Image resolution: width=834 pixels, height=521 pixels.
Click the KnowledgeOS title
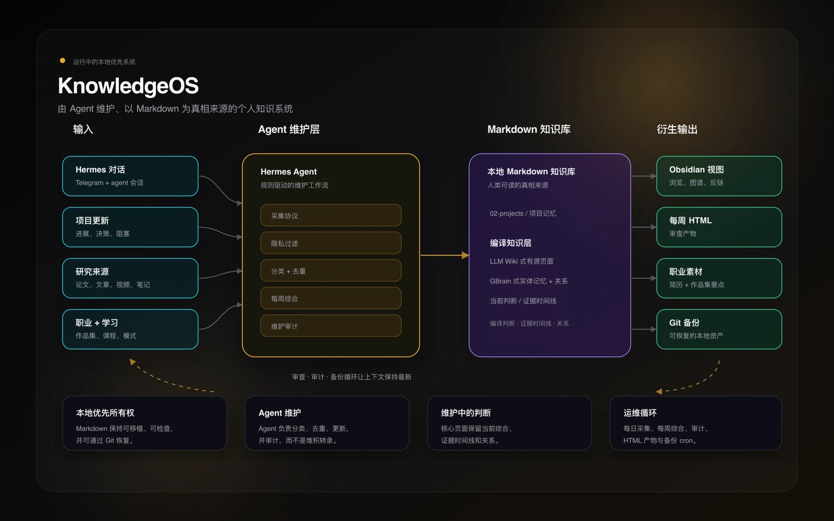pos(128,86)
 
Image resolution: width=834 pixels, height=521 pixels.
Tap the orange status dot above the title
pos(63,60)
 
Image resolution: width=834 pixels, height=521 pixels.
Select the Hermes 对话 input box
pos(130,176)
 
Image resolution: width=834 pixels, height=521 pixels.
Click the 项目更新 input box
pos(130,227)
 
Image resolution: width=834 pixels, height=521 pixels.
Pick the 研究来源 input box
pos(130,278)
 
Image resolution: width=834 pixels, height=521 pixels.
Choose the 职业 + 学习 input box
pos(130,329)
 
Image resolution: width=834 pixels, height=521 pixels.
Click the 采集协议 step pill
pos(331,215)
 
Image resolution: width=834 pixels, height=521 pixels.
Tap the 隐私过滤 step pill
pos(331,243)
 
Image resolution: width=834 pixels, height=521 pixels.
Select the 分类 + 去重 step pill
pos(331,270)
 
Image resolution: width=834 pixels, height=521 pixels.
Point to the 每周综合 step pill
pos(331,298)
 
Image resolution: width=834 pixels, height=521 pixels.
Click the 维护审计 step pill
pos(331,326)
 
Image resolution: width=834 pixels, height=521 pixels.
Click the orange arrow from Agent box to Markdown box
pos(445,255)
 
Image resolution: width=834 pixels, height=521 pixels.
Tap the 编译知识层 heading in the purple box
pos(510,243)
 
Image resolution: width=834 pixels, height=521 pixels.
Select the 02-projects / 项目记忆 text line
pos(523,213)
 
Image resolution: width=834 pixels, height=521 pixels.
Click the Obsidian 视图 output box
pos(719,176)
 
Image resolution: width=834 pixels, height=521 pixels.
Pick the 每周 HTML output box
pos(719,227)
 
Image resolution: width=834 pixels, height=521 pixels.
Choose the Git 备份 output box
pos(719,329)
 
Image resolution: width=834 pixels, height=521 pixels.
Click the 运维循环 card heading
pos(640,413)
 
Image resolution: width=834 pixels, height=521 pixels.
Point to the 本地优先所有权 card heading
pos(105,413)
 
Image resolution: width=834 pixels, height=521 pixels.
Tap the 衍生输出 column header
pos(677,129)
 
